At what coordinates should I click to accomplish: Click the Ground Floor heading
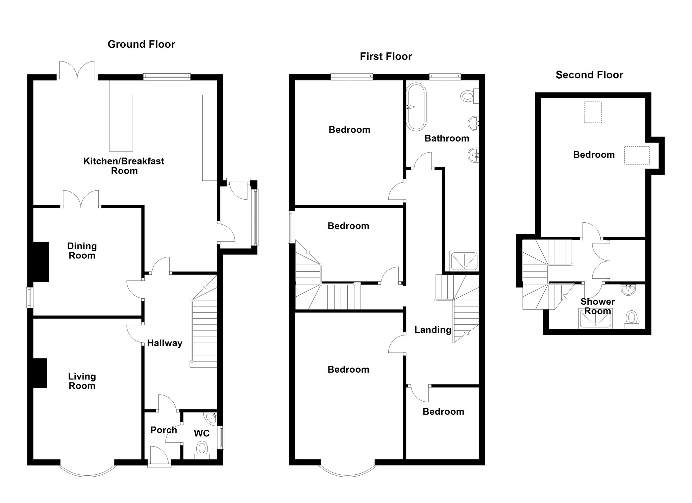141,44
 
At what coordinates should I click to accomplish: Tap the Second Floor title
589,75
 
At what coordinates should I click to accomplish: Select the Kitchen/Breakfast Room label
124,166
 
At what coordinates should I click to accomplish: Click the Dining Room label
82,251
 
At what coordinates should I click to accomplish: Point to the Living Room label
82,381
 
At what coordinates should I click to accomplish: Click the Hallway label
165,343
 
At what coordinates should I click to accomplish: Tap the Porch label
164,430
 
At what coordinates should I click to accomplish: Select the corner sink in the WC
212,418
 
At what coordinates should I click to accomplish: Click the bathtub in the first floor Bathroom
416,107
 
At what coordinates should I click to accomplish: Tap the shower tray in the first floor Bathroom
464,261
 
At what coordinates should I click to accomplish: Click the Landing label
433,330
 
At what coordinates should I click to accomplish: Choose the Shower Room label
597,306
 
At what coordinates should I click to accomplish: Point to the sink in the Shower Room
628,290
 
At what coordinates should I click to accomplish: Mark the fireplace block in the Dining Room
41,262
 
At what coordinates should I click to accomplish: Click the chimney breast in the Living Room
40,373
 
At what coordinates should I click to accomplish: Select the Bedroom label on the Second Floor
594,155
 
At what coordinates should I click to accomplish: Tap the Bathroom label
446,138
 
